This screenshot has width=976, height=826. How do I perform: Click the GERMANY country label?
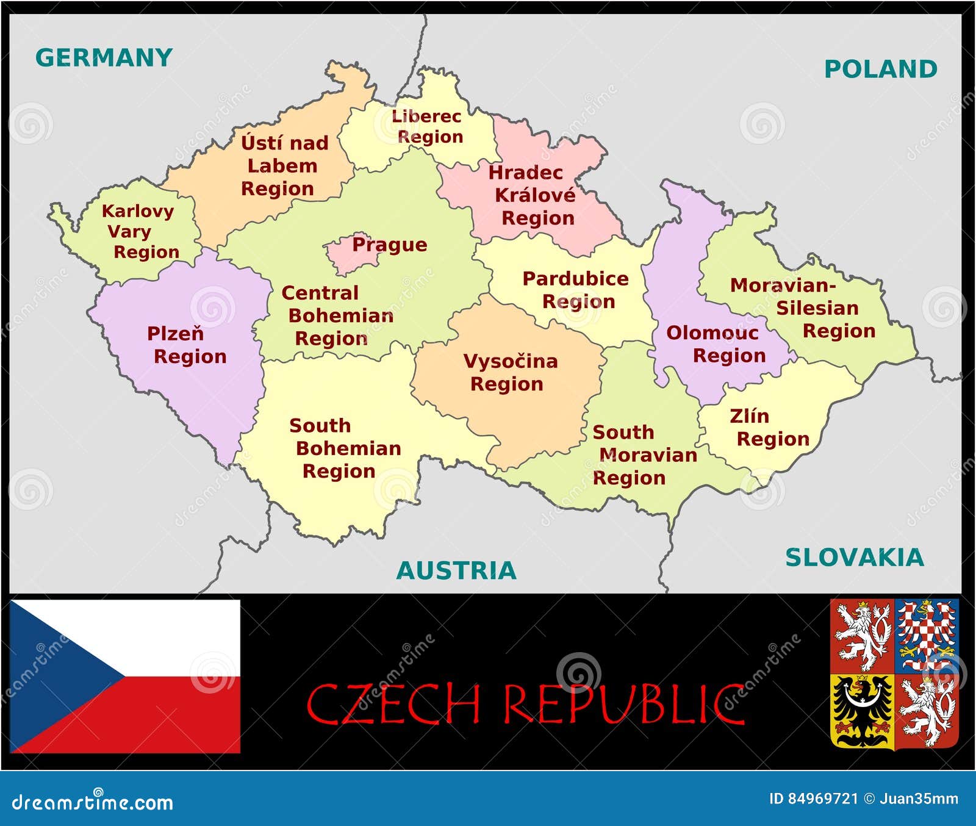(104, 58)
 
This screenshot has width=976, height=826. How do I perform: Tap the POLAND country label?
(880, 70)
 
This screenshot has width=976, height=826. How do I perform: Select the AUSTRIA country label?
(456, 571)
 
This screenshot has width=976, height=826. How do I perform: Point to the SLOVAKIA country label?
(854, 558)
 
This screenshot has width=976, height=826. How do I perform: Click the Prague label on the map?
(389, 245)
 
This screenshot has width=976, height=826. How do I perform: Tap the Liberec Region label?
(427, 126)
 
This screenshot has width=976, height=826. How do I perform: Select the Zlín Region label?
(769, 428)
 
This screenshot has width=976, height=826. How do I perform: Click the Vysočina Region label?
(509, 372)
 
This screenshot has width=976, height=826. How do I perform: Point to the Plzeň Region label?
(186, 345)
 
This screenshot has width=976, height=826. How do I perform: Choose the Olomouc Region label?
(716, 344)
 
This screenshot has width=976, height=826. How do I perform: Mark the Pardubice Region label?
(575, 290)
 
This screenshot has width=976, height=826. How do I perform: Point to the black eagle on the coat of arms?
(861, 711)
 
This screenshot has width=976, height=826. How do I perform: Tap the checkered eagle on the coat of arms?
(926, 634)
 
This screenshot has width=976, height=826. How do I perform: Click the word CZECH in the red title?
(393, 704)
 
